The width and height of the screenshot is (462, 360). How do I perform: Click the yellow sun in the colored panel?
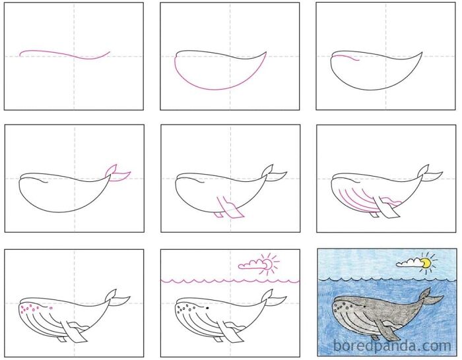[427, 263]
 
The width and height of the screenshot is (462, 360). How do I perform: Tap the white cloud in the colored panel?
[409, 265]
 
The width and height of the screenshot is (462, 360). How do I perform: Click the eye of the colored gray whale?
[363, 305]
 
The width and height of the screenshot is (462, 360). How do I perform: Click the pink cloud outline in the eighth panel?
[251, 266]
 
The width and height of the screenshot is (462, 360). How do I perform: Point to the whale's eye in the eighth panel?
[207, 307]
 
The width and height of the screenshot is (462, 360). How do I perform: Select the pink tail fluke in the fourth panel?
[117, 173]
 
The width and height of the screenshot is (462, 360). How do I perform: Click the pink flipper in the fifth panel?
[228, 206]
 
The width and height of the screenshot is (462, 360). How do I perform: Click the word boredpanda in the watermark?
[383, 345]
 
